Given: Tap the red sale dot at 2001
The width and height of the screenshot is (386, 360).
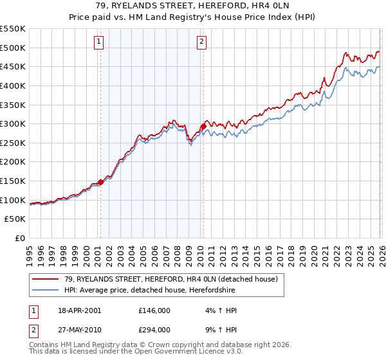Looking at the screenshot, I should (101, 183).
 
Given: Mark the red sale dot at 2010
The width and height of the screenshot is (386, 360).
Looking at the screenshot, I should (203, 127).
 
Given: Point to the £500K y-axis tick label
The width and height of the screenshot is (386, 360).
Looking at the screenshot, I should (13, 48).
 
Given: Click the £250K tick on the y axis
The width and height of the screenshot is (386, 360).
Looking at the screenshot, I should (13, 143).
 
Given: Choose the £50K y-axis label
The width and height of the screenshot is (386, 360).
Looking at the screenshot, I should (15, 219).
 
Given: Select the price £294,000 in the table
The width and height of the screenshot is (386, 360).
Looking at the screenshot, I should (154, 329).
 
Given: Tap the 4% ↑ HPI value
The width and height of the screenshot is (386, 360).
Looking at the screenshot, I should (217, 310).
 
